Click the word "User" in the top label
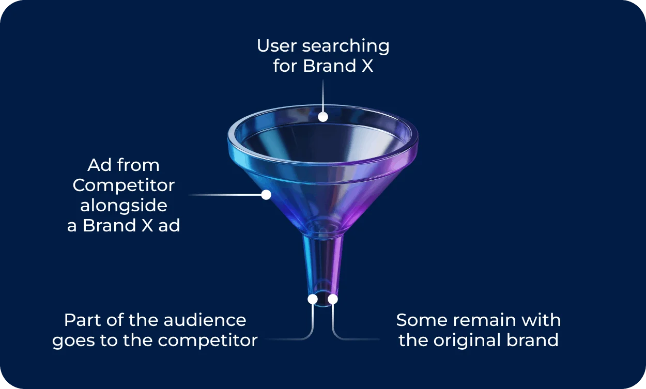click(x=277, y=46)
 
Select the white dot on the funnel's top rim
click(x=323, y=117)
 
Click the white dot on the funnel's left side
click(x=266, y=195)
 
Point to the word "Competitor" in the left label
click(x=124, y=185)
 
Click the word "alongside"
click(x=124, y=206)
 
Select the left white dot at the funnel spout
click(x=313, y=299)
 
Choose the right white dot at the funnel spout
click(x=333, y=299)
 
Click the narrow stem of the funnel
click(x=322, y=263)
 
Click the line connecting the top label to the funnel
click(x=323, y=96)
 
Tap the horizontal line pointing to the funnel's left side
click(x=227, y=195)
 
